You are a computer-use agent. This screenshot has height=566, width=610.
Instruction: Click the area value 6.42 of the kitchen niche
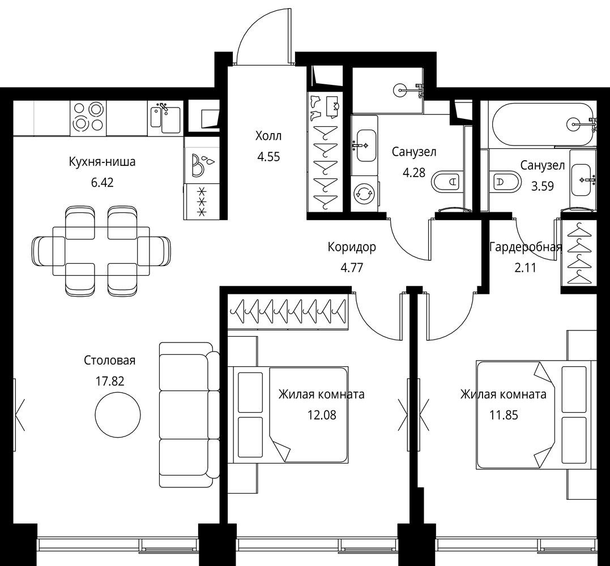tap(103, 182)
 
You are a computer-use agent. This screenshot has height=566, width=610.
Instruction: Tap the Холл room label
tap(268, 136)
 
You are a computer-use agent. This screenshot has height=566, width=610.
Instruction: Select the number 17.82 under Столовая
tap(110, 381)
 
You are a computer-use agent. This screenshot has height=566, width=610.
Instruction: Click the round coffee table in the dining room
tap(118, 414)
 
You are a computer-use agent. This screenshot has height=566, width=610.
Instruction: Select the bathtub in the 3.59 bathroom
tap(544, 123)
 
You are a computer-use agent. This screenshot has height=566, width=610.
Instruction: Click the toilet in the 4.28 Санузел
tap(447, 181)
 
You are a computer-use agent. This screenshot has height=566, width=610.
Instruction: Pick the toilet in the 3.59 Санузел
tap(505, 181)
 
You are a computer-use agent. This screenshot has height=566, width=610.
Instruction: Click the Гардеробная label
tap(526, 247)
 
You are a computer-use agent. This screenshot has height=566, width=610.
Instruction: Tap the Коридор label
tap(352, 247)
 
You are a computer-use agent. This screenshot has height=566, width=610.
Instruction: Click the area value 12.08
tap(322, 415)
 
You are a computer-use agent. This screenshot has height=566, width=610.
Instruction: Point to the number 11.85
tap(504, 415)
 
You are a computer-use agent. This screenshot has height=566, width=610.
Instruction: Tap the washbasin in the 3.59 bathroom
tap(583, 179)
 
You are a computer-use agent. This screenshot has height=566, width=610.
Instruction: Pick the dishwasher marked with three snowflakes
tap(202, 201)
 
